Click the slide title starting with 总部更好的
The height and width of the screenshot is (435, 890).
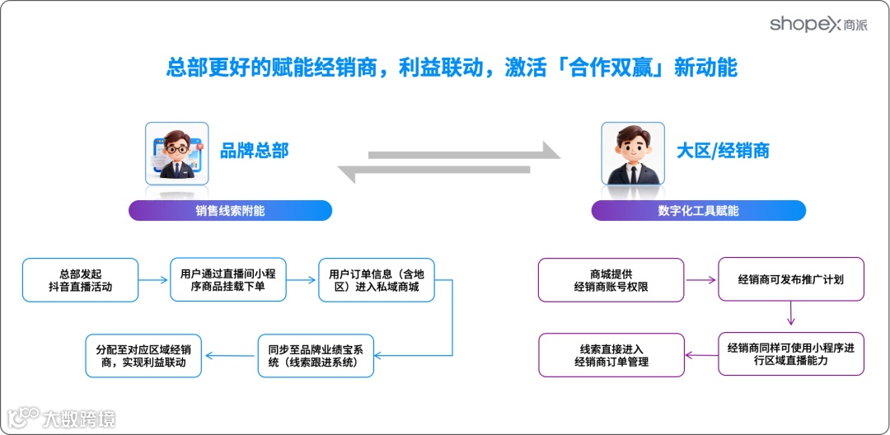point(452,67)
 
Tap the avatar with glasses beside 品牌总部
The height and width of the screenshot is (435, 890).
point(176,153)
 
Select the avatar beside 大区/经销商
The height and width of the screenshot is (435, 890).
point(632,153)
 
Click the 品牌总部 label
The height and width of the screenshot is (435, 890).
point(255,151)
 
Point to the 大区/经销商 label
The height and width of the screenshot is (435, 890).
point(723,151)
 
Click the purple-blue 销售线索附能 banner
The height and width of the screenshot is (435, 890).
point(230,210)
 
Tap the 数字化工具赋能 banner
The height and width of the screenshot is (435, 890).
point(698,210)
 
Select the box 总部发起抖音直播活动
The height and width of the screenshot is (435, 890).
point(80,280)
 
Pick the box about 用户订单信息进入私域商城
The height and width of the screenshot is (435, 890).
point(376,280)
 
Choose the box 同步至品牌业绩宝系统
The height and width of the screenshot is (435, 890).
point(316,355)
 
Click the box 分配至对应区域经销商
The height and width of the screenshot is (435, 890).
point(143,355)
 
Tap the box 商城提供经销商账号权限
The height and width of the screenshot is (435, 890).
point(611,280)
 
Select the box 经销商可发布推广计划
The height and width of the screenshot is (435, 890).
point(790,280)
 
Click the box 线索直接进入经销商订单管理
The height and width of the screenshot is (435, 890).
point(611,355)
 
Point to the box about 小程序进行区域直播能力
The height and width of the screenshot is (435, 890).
point(790,354)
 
